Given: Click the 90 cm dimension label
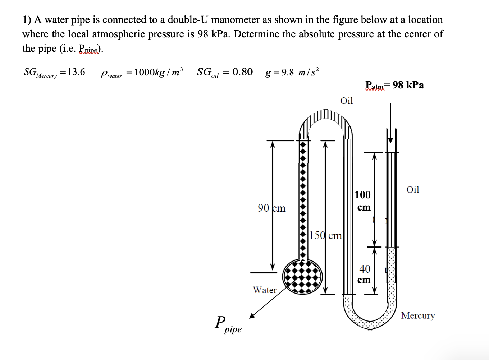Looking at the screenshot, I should click(x=271, y=208).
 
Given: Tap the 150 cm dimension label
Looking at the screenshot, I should click(x=325, y=235).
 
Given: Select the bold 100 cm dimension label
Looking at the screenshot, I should click(x=362, y=200).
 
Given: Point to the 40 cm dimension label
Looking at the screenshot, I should click(x=364, y=274).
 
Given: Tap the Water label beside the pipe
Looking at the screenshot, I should click(x=265, y=290).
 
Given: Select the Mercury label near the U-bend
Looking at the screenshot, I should click(x=418, y=315).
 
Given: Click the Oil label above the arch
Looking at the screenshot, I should click(x=347, y=101).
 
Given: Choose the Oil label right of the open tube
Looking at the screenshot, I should click(x=412, y=190).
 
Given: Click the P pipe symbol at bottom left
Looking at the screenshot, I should click(x=228, y=324).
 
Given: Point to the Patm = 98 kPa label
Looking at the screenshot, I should click(x=394, y=85).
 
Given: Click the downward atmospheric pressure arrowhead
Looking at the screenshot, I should click(x=390, y=140).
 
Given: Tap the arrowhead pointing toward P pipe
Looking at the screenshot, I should click(x=252, y=316).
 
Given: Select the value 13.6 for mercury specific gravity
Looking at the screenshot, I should click(x=76, y=72).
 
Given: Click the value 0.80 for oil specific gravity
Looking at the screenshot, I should click(x=242, y=72).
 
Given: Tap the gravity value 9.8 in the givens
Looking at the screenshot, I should click(x=288, y=73).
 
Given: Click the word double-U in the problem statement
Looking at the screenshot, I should click(x=188, y=20).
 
